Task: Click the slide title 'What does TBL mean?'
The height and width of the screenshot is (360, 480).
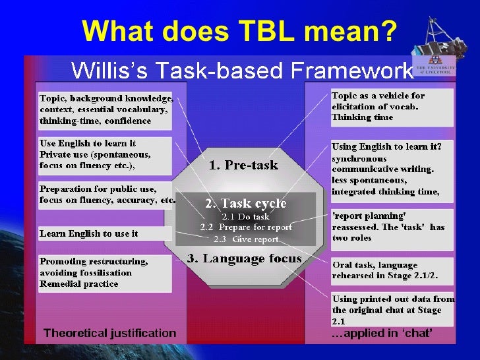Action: [x=239, y=30]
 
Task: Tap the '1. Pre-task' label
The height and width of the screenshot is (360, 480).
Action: [x=243, y=165]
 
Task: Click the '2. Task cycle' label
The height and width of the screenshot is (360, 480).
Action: [x=245, y=203]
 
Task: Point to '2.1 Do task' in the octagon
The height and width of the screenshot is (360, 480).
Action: [x=245, y=216]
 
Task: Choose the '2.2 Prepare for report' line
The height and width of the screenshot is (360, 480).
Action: [x=245, y=227]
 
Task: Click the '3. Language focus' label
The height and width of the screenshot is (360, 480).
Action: [x=244, y=258]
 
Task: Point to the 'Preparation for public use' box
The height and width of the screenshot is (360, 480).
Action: [x=105, y=195]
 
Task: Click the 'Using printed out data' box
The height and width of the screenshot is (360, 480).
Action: [x=392, y=309]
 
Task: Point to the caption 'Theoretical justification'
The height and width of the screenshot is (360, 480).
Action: [x=110, y=334]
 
